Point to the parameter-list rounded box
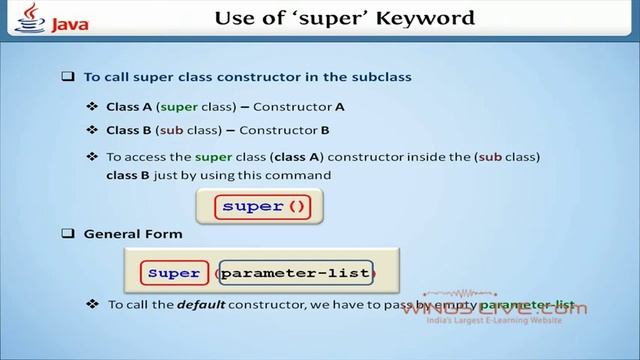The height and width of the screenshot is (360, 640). (296, 273)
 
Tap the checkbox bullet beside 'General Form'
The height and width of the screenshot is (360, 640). (68, 234)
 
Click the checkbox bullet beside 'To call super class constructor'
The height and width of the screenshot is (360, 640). (68, 76)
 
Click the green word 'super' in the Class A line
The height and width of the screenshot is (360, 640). (172, 106)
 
